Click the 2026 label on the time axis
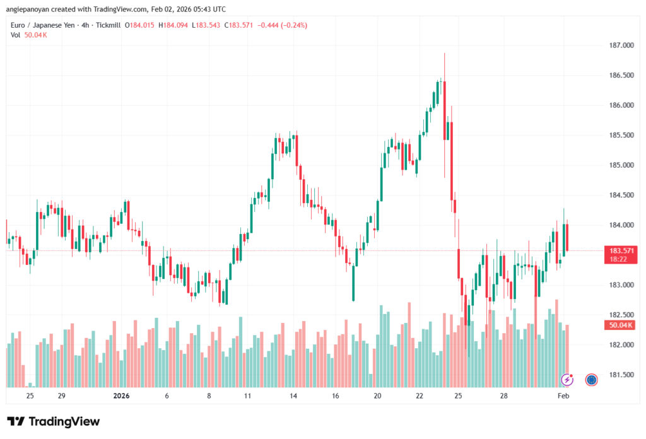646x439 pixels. coord(120,396)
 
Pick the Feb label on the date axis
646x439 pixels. coord(563,396)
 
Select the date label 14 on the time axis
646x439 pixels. coord(293,396)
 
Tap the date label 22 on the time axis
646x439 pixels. coord(420,396)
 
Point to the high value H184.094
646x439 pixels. coord(175,25)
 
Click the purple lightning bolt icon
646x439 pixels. coord(567,379)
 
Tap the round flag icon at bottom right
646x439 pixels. coord(591,379)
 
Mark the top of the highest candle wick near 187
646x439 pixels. coord(444,54)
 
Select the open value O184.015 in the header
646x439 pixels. coord(139,25)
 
